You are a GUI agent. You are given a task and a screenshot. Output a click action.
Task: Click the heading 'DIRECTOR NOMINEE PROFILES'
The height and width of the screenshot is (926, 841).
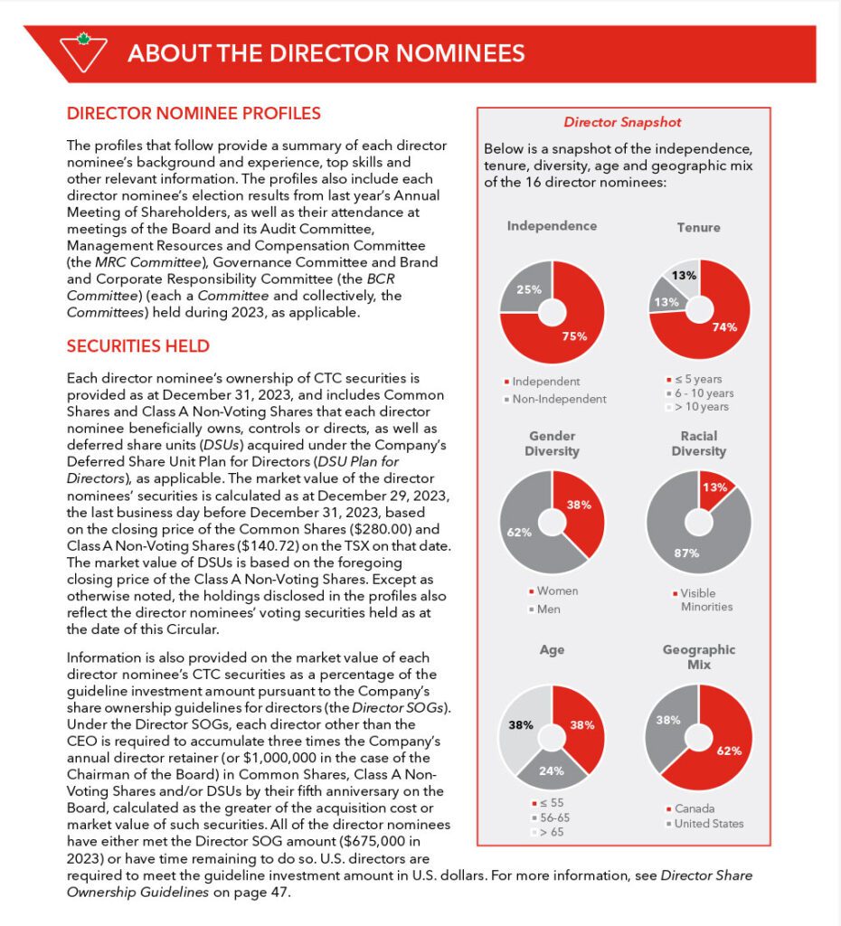pos(194,114)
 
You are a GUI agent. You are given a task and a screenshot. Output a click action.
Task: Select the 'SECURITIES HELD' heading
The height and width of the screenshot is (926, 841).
pos(138,345)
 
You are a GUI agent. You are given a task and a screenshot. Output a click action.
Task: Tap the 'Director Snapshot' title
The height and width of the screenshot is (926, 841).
pos(622,122)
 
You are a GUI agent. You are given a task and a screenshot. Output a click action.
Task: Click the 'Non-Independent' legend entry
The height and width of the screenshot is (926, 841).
pos(559,399)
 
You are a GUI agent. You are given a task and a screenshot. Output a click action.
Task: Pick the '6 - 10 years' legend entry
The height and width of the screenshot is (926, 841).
pos(702,393)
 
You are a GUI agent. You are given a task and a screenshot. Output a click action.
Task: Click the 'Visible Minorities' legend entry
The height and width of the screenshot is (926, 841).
pos(705,599)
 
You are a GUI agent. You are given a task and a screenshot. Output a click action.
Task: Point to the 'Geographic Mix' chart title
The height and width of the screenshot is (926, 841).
pos(698,657)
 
